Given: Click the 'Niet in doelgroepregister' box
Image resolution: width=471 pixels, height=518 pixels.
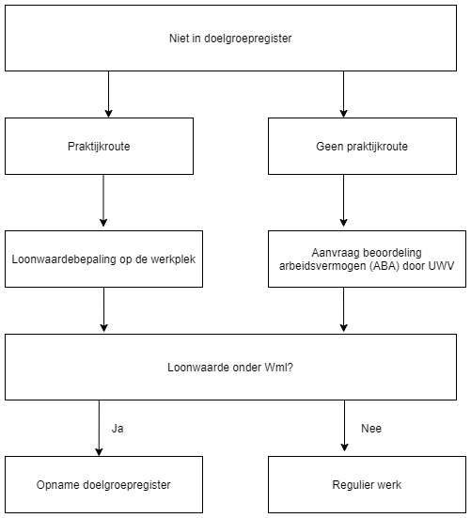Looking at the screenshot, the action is pyautogui.click(x=230, y=38).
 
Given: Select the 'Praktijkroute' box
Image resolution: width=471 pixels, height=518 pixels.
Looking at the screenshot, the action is pyautogui.click(x=99, y=146).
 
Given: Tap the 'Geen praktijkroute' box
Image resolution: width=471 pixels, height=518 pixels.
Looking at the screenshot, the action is pyautogui.click(x=362, y=146).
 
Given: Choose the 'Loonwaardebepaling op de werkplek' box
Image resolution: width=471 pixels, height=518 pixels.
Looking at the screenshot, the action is pyautogui.click(x=103, y=259).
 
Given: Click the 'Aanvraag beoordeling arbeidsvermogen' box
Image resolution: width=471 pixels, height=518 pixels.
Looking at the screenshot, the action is pyautogui.click(x=367, y=259).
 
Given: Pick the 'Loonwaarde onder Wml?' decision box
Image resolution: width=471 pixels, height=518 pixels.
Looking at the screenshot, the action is pyautogui.click(x=230, y=367).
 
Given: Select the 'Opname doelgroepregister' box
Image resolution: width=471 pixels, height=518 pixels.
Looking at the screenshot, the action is pyautogui.click(x=103, y=485).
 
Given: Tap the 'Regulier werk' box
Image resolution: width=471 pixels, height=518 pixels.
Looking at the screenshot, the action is pyautogui.click(x=367, y=485).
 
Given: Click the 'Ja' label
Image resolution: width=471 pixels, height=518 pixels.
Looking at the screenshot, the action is pyautogui.click(x=118, y=429).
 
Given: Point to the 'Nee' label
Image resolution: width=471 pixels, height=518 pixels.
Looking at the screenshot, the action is pyautogui.click(x=371, y=429).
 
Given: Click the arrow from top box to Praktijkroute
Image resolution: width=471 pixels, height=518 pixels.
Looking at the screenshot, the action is pyautogui.click(x=108, y=95).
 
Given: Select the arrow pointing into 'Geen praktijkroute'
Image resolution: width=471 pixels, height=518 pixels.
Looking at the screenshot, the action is pyautogui.click(x=343, y=95).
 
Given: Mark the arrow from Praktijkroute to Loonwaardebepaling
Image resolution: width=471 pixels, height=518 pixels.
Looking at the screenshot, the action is pyautogui.click(x=103, y=200).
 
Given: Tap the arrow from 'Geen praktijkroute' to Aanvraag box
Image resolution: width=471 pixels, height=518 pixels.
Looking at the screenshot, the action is pyautogui.click(x=343, y=200).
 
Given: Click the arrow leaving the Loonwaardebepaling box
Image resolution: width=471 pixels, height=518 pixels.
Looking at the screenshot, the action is pyautogui.click(x=103, y=309).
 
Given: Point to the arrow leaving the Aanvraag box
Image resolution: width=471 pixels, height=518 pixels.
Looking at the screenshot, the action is pyautogui.click(x=343, y=309).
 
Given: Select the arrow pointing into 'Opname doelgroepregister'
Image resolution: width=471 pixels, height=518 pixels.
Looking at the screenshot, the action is pyautogui.click(x=99, y=428).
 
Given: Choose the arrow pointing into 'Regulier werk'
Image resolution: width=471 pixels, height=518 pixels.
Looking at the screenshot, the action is pyautogui.click(x=344, y=426).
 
